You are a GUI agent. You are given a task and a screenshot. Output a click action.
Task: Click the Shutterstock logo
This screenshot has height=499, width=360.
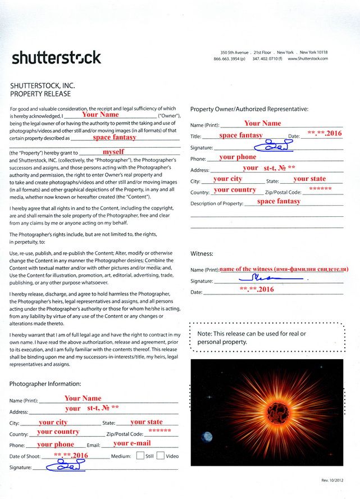tap(56, 57)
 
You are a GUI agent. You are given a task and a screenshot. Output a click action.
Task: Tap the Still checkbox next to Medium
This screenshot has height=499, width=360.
tap(140, 456)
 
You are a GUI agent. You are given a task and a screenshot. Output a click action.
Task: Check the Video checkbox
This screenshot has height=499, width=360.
tap(160, 456)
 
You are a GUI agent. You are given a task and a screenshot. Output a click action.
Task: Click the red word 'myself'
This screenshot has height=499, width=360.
tap(113, 152)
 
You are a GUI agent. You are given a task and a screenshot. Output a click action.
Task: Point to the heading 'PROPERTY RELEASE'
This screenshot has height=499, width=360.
tap(40, 94)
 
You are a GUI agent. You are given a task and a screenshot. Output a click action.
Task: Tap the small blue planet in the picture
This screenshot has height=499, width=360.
tap(207, 436)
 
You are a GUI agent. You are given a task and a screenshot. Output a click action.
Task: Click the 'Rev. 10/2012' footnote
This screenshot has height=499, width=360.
tap(332, 480)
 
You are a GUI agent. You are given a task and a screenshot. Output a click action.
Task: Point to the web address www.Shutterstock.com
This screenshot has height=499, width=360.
tap(307, 58)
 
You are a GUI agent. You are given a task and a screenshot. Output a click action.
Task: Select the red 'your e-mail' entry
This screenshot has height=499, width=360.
tap(132, 443)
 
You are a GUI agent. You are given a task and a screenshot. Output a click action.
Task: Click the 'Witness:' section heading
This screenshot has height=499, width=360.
tap(202, 253)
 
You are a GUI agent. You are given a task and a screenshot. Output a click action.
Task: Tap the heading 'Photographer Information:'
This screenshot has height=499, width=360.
tap(45, 384)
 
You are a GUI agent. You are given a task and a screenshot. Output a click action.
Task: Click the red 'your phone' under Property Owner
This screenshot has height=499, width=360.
tap(238, 157)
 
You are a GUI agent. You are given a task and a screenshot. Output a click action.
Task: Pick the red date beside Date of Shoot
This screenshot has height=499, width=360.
tap(71, 455)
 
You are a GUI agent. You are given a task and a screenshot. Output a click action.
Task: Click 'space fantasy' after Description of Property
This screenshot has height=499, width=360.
tap(279, 201)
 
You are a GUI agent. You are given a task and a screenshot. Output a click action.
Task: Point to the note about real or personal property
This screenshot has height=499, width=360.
tap(252, 338)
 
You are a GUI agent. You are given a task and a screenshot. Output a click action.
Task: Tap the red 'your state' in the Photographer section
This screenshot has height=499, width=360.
tap(147, 422)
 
